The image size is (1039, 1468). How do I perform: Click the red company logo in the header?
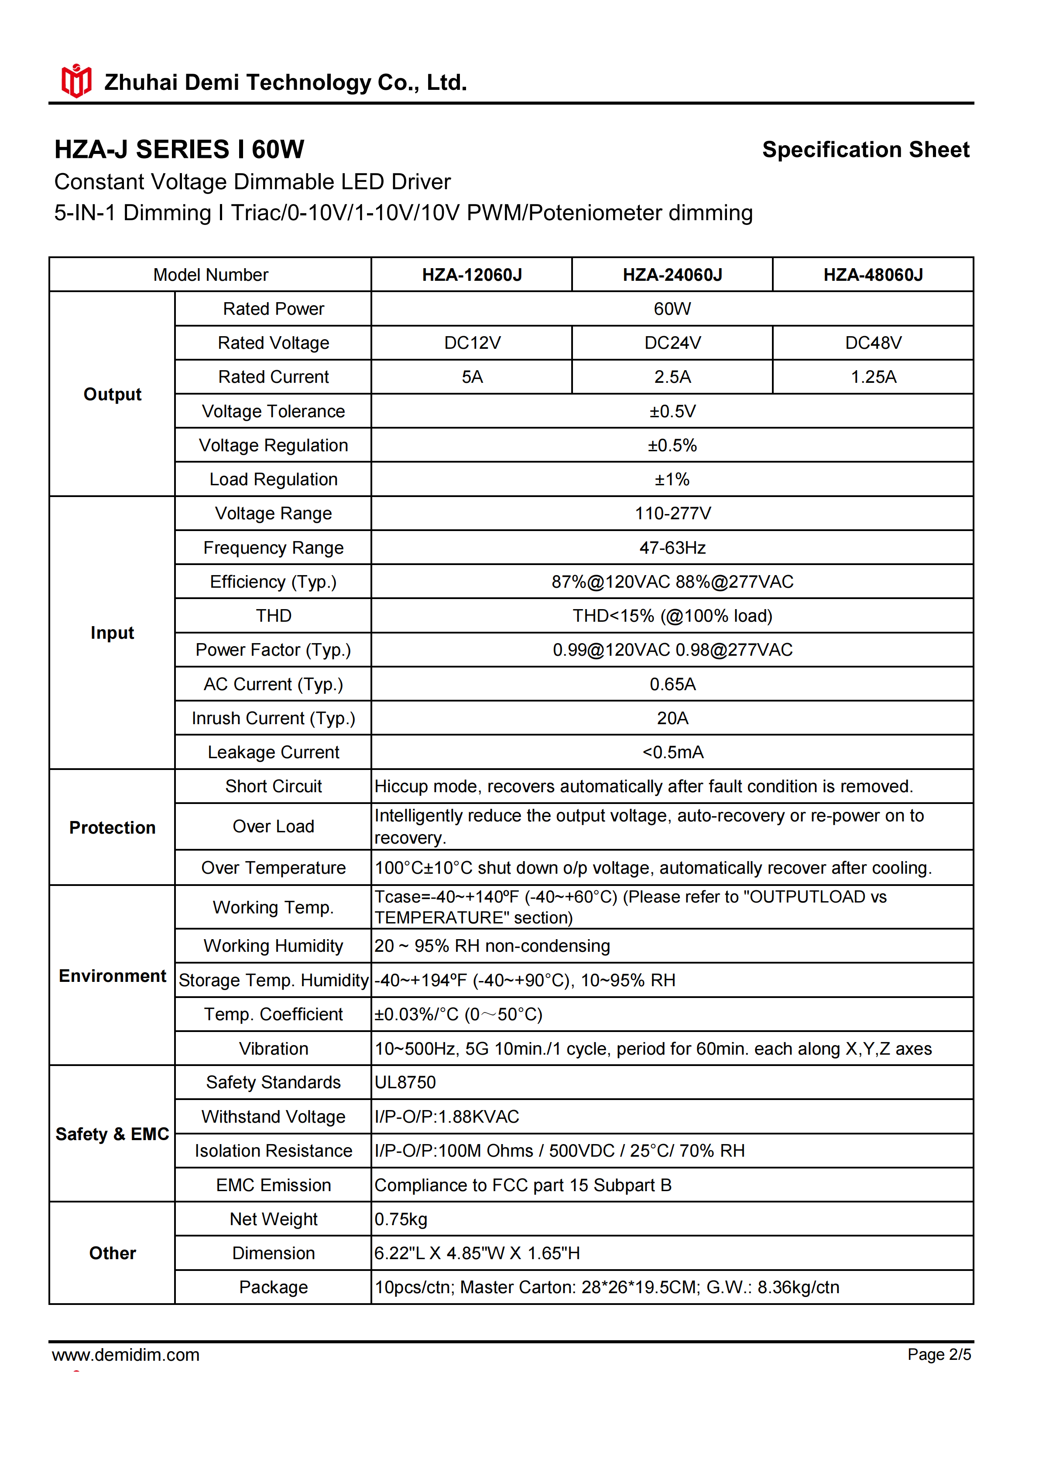(76, 81)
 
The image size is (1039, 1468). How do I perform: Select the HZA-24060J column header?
(672, 275)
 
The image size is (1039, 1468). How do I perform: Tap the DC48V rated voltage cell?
(873, 343)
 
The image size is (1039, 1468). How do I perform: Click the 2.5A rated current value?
(672, 377)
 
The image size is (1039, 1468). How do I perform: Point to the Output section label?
(113, 395)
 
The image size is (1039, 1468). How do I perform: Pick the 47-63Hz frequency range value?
(672, 548)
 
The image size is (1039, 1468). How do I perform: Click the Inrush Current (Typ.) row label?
(273, 719)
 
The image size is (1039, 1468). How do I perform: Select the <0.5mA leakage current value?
(672, 753)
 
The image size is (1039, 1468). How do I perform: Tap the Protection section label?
(113, 828)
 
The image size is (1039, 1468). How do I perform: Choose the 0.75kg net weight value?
(401, 1219)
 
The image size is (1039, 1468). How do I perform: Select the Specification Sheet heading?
(866, 150)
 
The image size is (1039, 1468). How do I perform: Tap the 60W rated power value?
(672, 310)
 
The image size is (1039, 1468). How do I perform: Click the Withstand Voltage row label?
(273, 1117)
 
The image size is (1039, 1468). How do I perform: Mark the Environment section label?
(113, 976)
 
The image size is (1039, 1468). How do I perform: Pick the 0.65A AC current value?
(672, 685)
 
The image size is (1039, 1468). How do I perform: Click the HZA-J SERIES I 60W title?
(179, 150)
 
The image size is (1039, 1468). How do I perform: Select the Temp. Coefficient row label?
(273, 1015)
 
